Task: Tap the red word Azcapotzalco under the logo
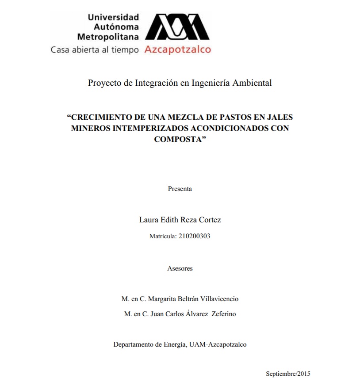[178, 50]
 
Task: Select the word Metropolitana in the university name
[108, 37]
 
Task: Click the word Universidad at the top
[114, 17]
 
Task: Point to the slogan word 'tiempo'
[125, 50]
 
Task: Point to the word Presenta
[180, 189]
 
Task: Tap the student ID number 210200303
[194, 236]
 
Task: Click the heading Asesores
[180, 268]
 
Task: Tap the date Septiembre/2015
[288, 374]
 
